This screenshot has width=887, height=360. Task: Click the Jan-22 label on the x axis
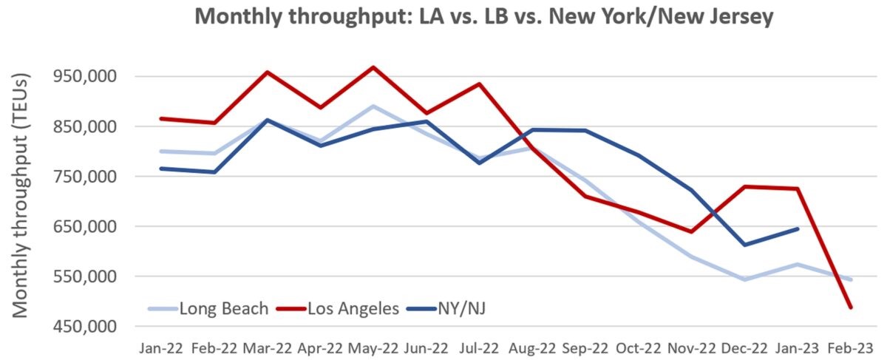(x=161, y=347)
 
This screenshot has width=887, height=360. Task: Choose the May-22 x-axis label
(x=374, y=347)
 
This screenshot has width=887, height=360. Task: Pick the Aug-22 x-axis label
(x=533, y=347)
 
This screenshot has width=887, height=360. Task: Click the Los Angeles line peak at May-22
(x=374, y=67)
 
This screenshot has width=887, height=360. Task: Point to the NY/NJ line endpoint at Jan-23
(x=798, y=228)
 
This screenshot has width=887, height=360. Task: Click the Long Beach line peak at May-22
(x=374, y=106)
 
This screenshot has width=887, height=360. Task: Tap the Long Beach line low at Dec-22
(x=745, y=279)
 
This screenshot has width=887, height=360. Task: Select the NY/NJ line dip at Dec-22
(x=745, y=245)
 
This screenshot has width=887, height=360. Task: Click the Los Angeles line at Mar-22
(x=268, y=72)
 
